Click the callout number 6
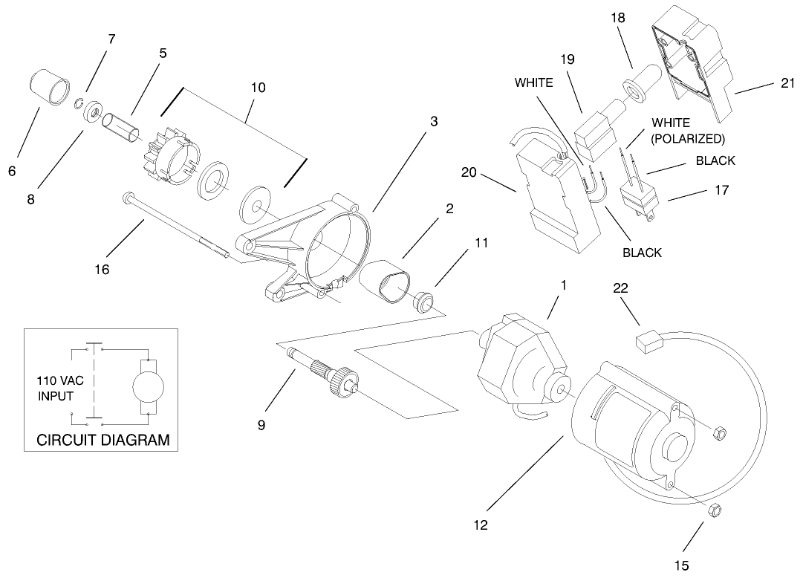[12, 171]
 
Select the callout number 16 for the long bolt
[102, 270]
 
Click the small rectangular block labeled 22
[648, 341]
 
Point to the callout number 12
[481, 525]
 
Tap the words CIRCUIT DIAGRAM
[103, 440]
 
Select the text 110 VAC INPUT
[61, 387]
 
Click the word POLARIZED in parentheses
[688, 138]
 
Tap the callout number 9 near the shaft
[261, 426]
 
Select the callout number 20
[469, 172]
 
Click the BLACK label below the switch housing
[643, 253]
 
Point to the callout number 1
[564, 285]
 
